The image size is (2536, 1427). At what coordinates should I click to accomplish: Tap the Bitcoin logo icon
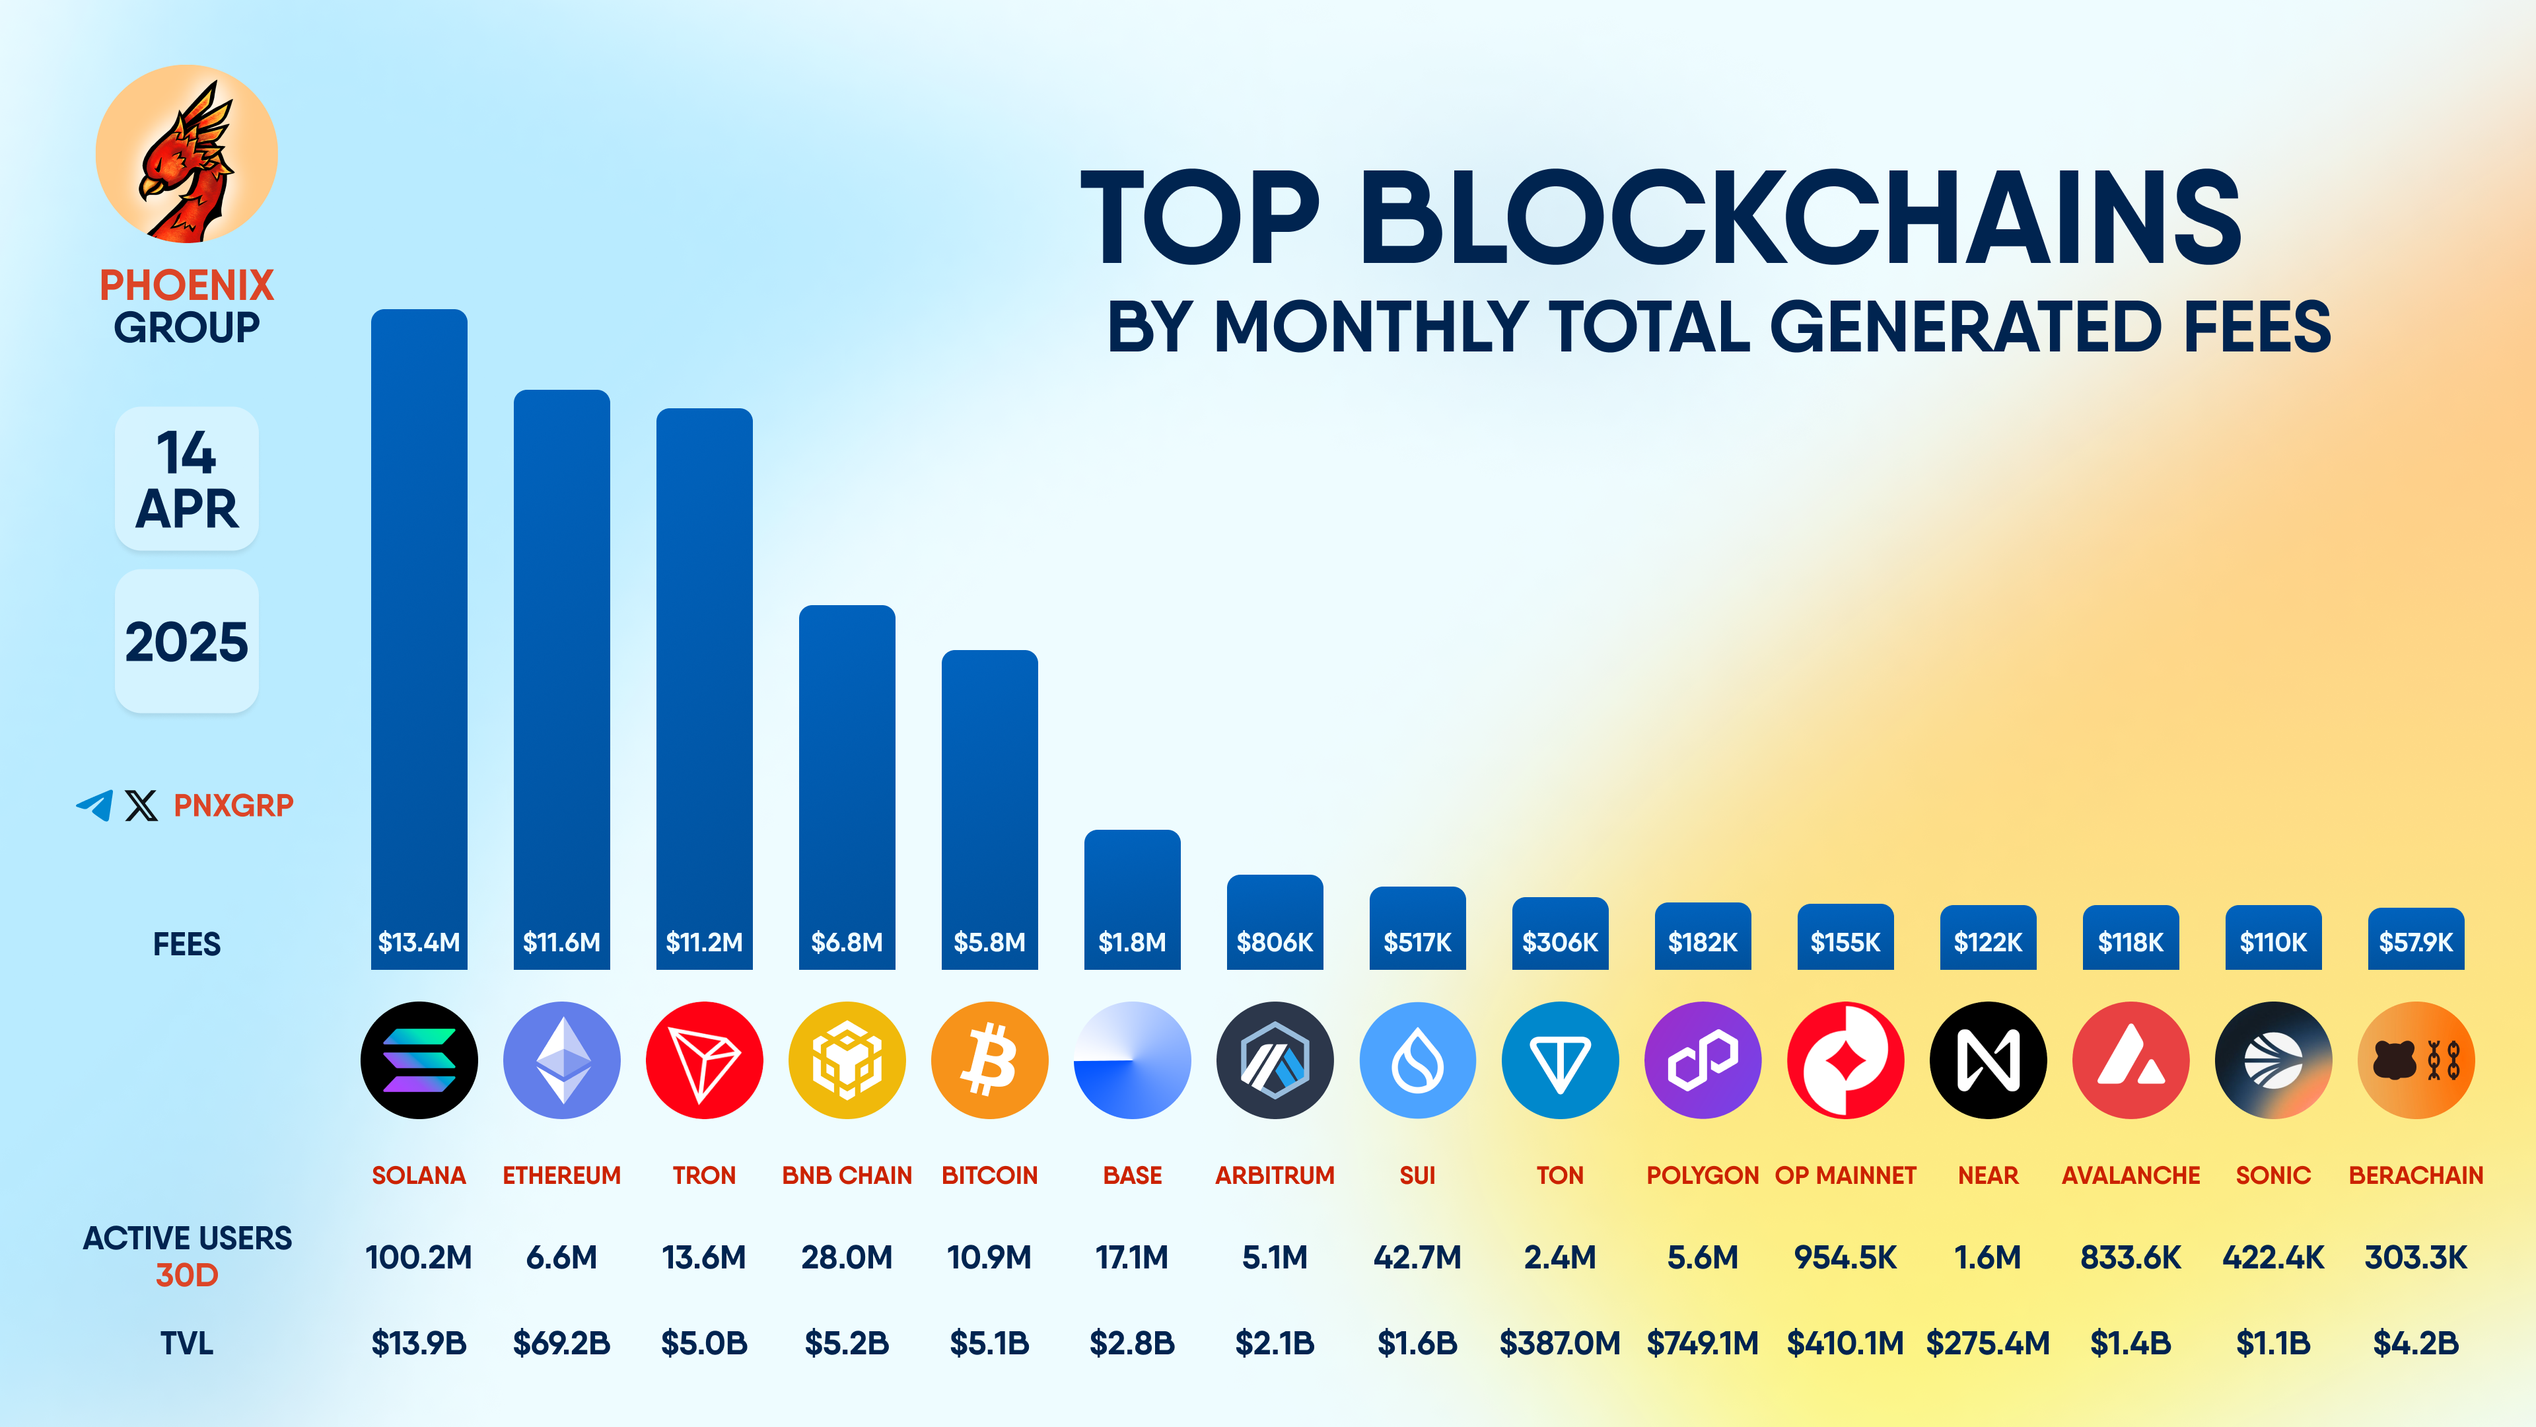[x=989, y=1060]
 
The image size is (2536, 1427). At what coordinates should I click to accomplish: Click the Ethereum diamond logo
[x=561, y=1060]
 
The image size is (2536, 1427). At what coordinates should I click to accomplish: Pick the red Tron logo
[x=704, y=1060]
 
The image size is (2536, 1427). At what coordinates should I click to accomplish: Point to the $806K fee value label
[x=1275, y=943]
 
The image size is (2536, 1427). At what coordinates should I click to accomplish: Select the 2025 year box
[x=186, y=641]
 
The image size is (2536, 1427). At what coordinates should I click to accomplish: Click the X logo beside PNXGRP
[x=141, y=805]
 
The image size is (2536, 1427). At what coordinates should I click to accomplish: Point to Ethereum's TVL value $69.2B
[x=561, y=1343]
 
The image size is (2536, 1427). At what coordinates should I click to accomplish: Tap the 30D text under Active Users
[x=186, y=1275]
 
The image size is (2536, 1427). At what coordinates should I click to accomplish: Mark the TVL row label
[x=186, y=1343]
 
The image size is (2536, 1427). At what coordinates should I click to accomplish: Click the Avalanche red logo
[x=2131, y=1060]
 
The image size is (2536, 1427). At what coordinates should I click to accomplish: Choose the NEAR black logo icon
[x=1988, y=1060]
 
